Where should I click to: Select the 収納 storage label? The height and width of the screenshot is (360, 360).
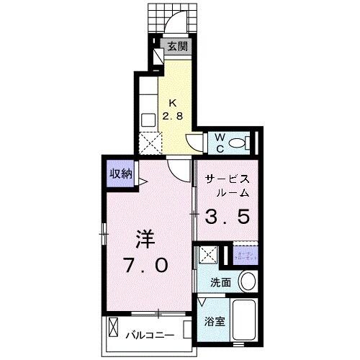[x=120, y=173]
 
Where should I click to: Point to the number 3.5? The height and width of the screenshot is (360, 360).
[x=229, y=215]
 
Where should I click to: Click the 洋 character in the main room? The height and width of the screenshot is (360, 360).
[x=144, y=238]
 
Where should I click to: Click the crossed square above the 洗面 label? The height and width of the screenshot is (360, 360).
[x=209, y=255]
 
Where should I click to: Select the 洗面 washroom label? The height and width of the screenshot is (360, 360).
[x=221, y=282]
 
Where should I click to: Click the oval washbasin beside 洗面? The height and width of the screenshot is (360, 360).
[x=247, y=281]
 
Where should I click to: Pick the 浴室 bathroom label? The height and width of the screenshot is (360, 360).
[x=214, y=321]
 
